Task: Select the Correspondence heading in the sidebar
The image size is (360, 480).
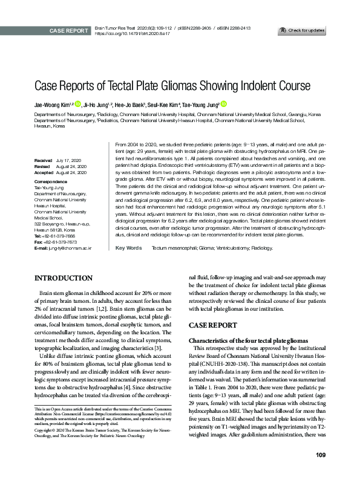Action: click(52, 181)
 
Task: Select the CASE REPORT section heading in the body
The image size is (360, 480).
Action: click(212, 325)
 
